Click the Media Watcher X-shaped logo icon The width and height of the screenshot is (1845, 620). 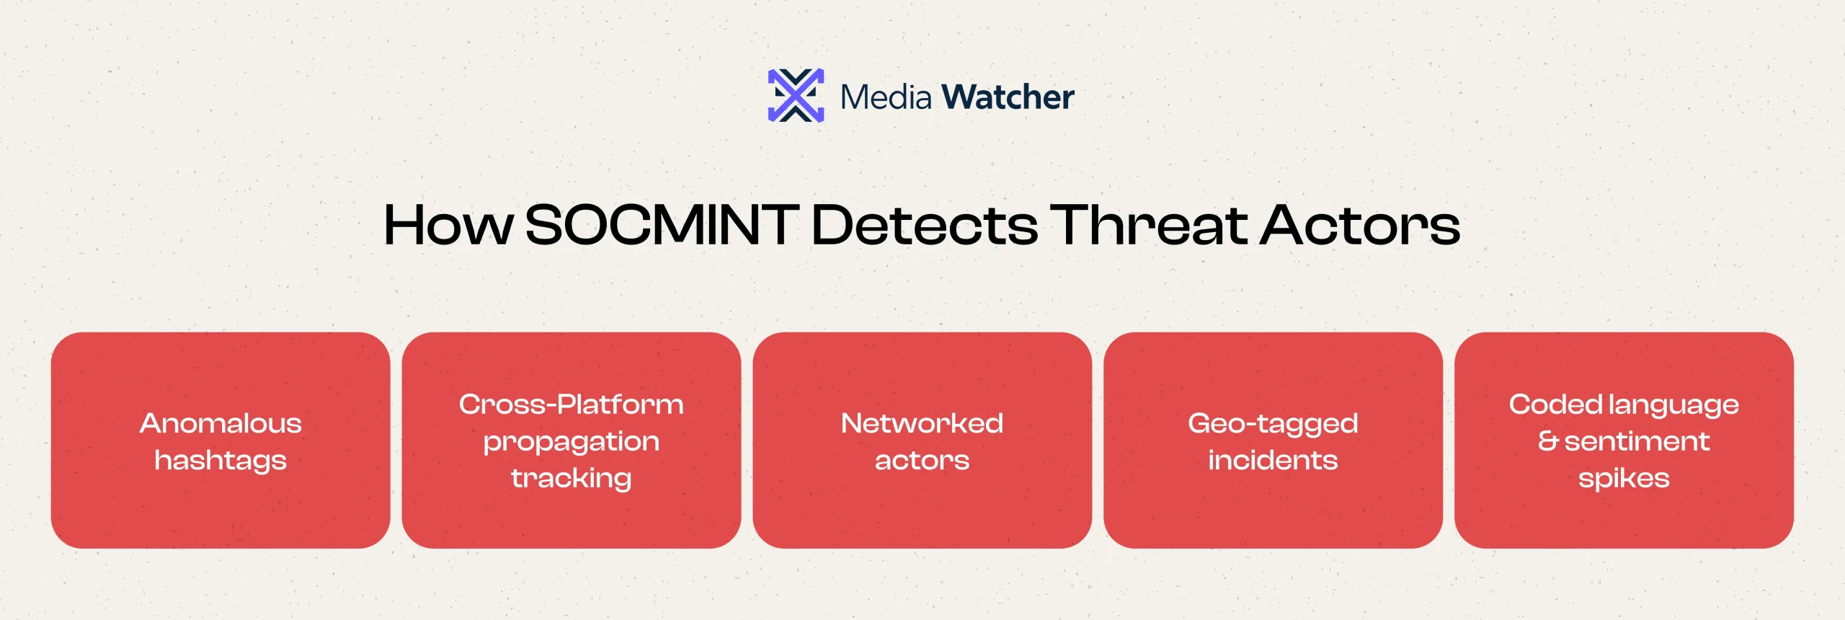coord(796,96)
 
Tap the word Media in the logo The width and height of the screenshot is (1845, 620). coord(886,97)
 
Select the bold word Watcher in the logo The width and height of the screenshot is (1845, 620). coord(1008,97)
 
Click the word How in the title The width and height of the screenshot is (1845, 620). coord(448,225)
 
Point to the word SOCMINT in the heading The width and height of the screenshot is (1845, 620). coord(662,225)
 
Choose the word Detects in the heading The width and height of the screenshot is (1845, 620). coord(925,225)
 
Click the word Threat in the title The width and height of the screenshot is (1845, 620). coord(1149,224)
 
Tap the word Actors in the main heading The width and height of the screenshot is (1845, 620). coord(1361,225)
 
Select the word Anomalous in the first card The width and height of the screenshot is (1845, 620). coord(221,423)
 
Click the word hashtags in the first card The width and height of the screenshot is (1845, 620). coord(221,461)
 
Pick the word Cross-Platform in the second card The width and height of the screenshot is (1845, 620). coord(572,404)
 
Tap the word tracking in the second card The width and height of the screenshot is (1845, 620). coord(572,479)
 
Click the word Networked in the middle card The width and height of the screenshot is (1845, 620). coord(922,423)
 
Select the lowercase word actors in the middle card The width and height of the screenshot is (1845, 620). coord(922,461)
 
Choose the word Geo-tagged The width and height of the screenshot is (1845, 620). coord(1273,424)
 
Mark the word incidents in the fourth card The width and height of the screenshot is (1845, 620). coord(1273,460)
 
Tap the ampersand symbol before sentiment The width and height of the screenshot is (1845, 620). coord(1548,440)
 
